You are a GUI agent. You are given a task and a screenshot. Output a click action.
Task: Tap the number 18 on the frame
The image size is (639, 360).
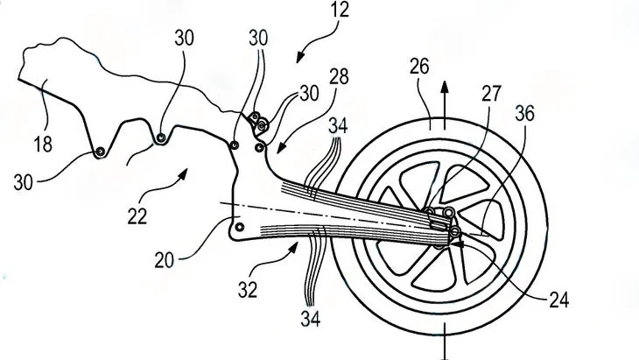(43, 145)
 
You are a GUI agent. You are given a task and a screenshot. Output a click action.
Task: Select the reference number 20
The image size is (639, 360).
(165, 259)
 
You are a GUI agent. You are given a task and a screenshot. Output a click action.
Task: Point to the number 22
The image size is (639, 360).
(137, 216)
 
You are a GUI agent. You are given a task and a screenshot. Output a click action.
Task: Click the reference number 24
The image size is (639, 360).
(559, 300)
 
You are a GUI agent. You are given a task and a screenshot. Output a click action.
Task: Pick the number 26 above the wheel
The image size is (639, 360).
(419, 67)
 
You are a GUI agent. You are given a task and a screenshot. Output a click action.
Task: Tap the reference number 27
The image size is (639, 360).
(491, 94)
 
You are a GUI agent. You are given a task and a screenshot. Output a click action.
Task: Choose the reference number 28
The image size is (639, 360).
(339, 77)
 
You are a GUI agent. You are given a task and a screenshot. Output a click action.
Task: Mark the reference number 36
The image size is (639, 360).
(524, 113)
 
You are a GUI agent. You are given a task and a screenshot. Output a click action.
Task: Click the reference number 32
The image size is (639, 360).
(249, 290)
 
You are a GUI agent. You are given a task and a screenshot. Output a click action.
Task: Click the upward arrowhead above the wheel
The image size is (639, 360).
(445, 87)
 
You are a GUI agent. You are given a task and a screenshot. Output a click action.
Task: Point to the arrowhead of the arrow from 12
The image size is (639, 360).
(300, 57)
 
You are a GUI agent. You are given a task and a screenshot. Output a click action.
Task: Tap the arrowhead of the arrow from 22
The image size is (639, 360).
(183, 174)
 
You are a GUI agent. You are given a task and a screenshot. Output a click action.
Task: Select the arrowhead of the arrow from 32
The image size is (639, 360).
(293, 246)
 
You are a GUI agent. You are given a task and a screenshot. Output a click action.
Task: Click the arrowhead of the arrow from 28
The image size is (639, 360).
(281, 148)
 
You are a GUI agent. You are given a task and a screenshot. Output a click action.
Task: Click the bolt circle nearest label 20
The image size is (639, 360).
(240, 227)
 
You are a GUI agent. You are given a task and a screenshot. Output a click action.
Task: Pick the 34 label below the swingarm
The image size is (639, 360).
(311, 318)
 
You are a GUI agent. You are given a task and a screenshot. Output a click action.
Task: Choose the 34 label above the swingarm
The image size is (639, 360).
(338, 126)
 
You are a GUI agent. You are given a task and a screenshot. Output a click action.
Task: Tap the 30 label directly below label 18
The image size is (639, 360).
(23, 182)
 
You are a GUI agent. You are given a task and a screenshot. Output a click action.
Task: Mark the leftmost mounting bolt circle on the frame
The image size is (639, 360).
(100, 152)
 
